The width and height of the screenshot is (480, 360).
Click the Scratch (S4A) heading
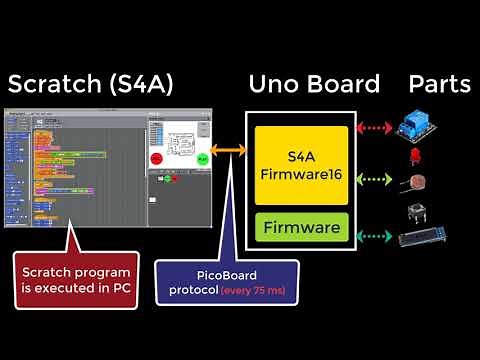[x=90, y=85]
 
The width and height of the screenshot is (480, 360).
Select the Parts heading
[x=439, y=85]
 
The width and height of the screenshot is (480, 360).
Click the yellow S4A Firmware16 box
[x=301, y=164]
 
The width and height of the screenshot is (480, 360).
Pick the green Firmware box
[x=301, y=228]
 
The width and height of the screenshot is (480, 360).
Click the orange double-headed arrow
[x=229, y=151]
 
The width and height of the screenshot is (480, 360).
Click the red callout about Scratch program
[x=76, y=279]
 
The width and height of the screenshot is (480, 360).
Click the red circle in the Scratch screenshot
[x=156, y=159]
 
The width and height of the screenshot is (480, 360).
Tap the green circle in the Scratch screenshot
[x=202, y=159]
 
